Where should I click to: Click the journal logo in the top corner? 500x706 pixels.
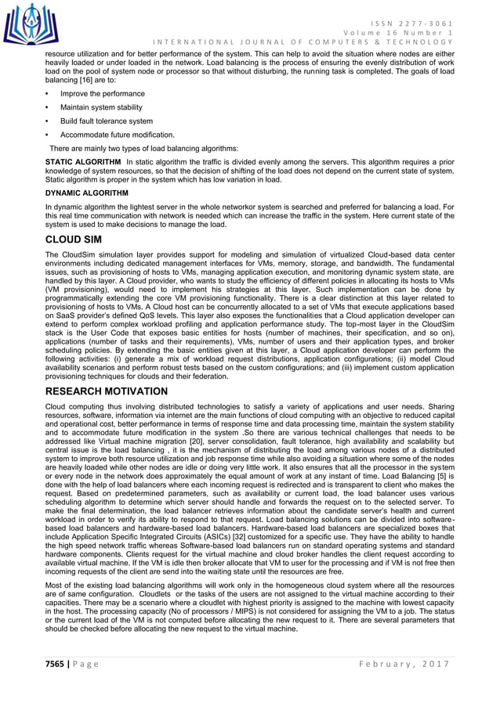click(30, 23)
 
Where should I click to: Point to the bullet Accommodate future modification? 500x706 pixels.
click(117, 135)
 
